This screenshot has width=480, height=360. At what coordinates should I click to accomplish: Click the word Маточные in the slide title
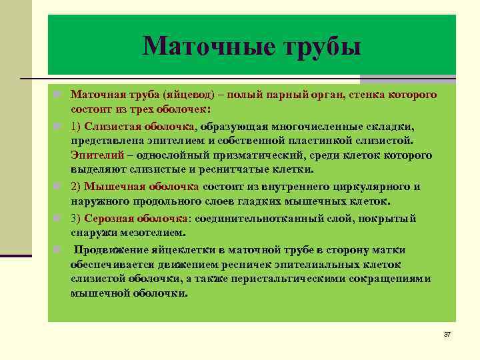(x=201, y=47)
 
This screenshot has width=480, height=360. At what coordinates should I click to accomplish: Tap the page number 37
(x=447, y=333)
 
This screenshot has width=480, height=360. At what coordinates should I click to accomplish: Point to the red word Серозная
(x=109, y=218)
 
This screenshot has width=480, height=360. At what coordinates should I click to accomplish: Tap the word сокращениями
(x=394, y=279)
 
